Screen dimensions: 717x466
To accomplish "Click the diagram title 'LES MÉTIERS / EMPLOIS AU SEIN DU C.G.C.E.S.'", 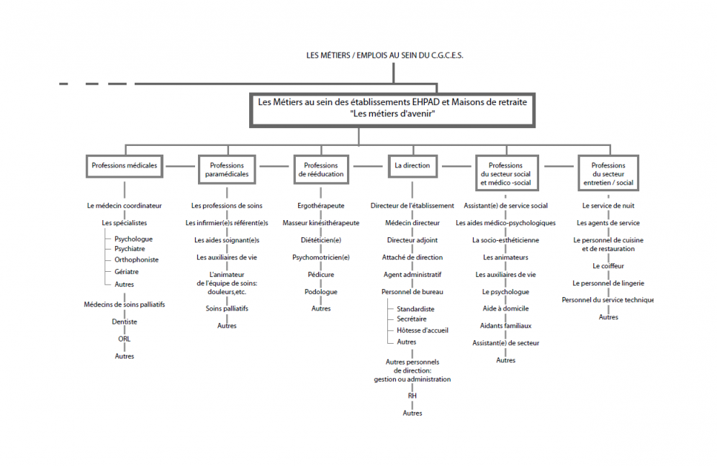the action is point(384,55).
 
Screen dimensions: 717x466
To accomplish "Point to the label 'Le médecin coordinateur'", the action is point(125,206).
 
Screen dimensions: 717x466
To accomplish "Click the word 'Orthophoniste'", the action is point(136,260).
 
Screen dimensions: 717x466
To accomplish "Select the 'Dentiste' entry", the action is point(125,321).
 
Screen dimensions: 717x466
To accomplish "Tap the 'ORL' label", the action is point(125,339).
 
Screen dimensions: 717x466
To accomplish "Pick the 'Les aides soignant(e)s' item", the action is point(227,240).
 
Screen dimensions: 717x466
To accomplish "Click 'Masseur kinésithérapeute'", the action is point(321,223).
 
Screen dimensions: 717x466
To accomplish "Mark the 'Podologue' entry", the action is point(321,292).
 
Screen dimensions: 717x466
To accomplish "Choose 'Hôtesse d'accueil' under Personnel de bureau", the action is point(423,330).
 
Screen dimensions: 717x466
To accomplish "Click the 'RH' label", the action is point(412,396).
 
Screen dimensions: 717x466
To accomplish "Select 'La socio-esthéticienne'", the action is point(506,240).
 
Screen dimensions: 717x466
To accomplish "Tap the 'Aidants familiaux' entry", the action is point(506,326).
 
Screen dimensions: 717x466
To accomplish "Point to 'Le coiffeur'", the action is point(608,266).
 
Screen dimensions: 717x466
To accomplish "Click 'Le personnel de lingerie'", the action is point(608,283).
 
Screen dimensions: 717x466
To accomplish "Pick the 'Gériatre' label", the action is point(126,271).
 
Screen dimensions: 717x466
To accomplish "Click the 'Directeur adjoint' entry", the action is point(412,240).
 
